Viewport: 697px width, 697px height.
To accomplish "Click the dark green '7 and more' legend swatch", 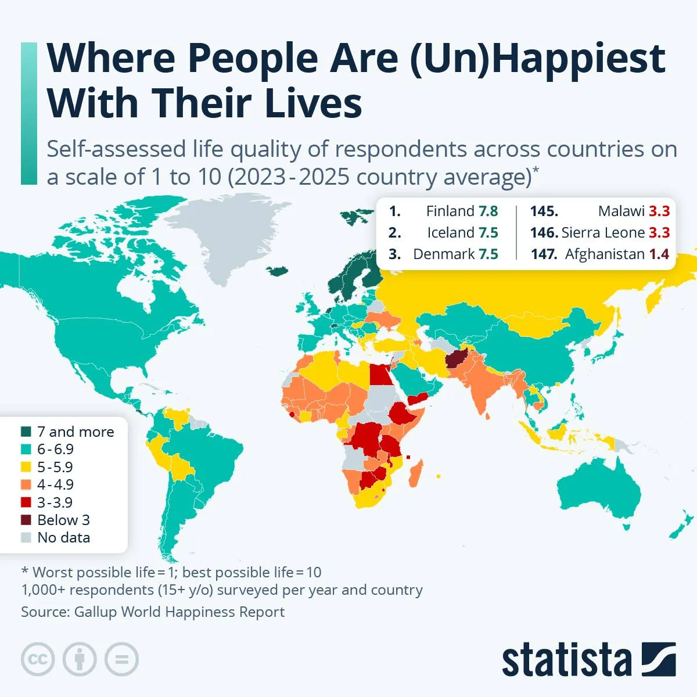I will click(x=26, y=432).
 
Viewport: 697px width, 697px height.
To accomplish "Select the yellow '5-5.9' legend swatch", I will click(x=26, y=467).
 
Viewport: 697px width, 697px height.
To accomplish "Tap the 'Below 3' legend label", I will click(x=63, y=520).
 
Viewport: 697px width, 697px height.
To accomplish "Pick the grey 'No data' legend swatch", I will click(x=26, y=538).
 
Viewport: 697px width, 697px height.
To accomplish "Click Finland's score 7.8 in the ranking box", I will click(x=488, y=211).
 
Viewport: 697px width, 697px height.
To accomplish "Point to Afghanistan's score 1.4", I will click(x=659, y=254).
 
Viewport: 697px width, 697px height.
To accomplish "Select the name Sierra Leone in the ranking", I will click(x=603, y=233).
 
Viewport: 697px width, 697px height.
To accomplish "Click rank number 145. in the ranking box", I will click(x=544, y=211).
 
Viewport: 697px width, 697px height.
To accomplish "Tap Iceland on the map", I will click(x=278, y=271).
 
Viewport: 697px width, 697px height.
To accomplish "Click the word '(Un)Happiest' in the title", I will click(x=537, y=59).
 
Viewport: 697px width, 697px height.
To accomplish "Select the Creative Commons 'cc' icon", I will click(x=38, y=659).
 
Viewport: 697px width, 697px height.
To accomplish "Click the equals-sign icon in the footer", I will click(x=121, y=659).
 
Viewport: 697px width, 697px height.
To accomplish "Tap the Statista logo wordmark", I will click(x=566, y=660).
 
